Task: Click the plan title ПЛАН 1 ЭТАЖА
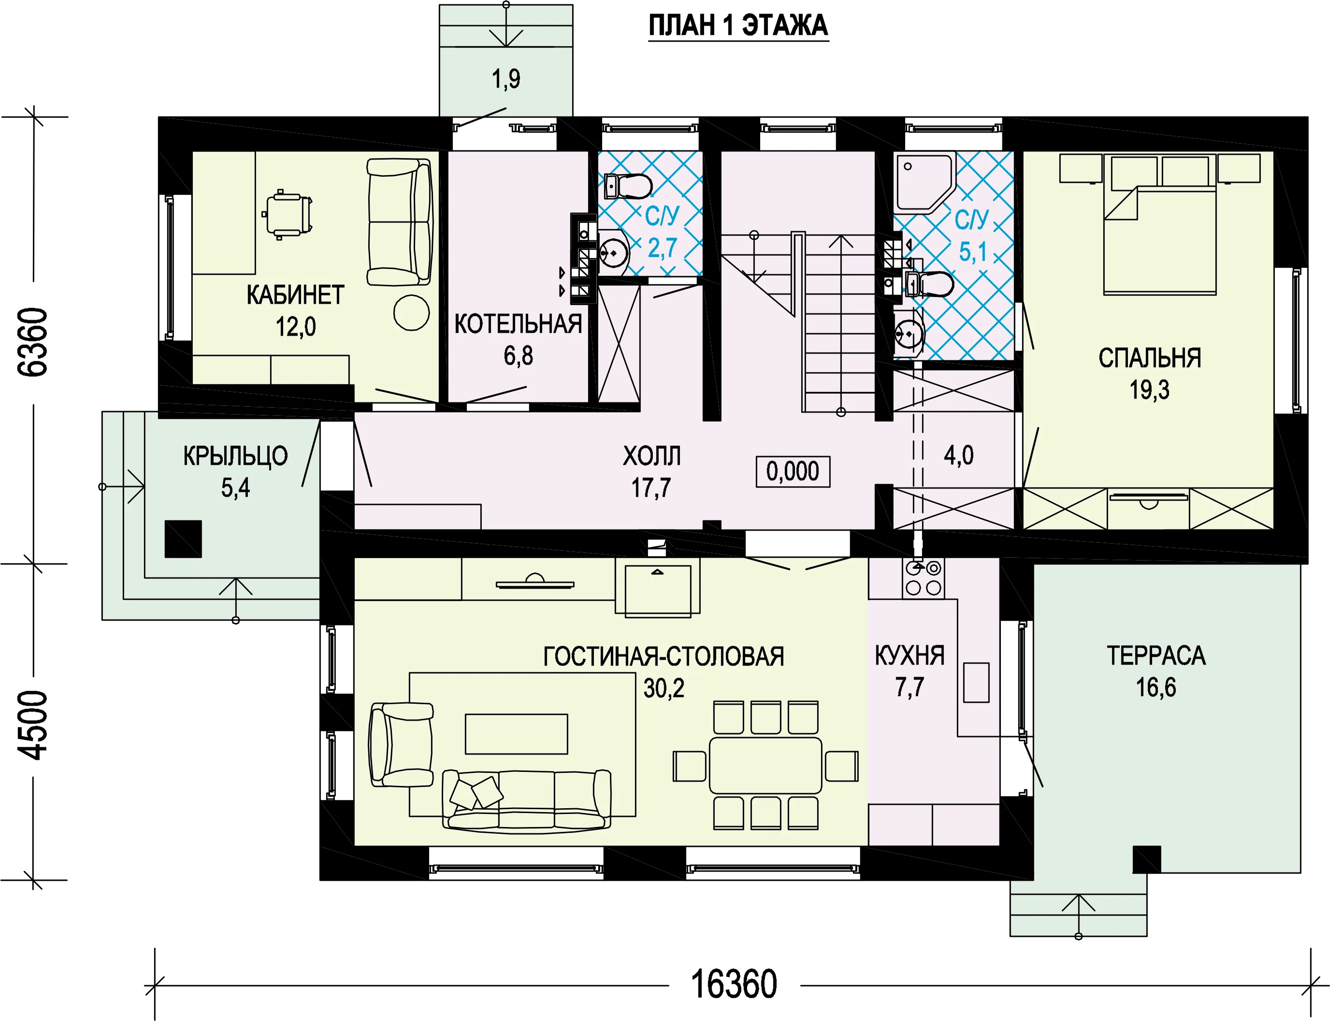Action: [738, 26]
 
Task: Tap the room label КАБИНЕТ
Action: [295, 296]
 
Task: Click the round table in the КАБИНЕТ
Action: [411, 312]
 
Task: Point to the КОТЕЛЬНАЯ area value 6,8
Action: [518, 355]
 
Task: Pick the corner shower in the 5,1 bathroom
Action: [924, 182]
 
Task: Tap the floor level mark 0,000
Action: [793, 472]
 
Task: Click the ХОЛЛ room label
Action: [651, 456]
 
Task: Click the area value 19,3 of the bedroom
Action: [1149, 389]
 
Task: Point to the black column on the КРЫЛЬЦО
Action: [183, 539]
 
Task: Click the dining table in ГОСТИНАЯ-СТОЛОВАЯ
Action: [765, 766]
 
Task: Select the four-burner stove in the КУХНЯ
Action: [923, 578]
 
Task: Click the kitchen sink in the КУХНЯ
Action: [976, 682]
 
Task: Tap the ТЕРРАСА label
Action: [1156, 656]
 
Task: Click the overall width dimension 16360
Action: [734, 985]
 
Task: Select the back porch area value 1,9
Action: [506, 79]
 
